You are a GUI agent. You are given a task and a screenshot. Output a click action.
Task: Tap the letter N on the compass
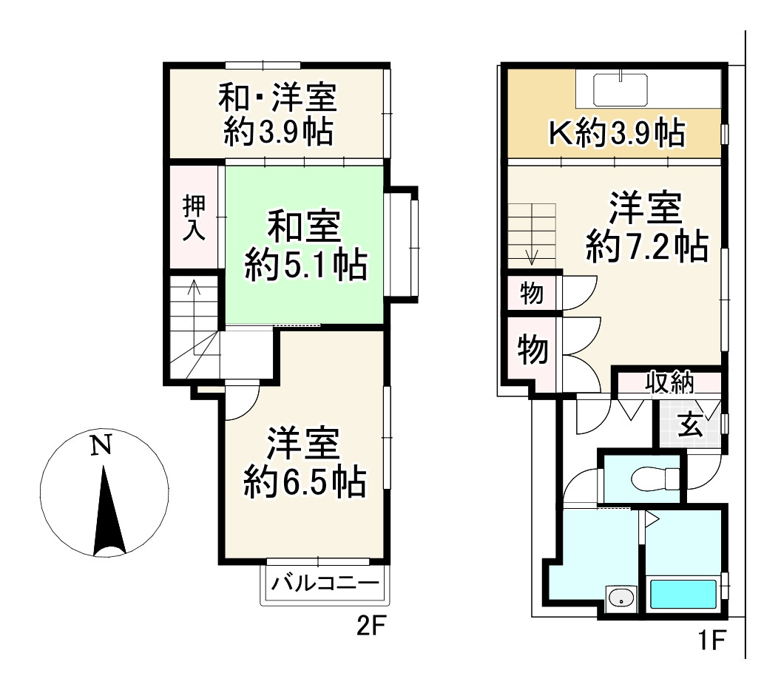click(x=101, y=445)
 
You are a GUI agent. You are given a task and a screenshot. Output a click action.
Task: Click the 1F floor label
click(x=711, y=639)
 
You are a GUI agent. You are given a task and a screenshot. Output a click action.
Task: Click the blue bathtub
click(x=682, y=595)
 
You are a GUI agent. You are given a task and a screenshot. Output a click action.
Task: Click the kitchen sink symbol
click(x=621, y=90)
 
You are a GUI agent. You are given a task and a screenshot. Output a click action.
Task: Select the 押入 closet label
click(x=193, y=217)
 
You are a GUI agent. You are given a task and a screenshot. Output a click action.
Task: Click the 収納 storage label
click(x=669, y=383)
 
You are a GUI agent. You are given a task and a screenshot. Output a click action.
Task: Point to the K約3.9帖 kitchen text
click(x=615, y=133)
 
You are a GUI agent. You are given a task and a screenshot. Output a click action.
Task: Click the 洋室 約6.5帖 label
click(x=304, y=461)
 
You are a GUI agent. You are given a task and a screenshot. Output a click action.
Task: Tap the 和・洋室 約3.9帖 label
click(x=277, y=115)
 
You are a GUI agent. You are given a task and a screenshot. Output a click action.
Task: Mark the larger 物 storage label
click(x=532, y=349)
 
